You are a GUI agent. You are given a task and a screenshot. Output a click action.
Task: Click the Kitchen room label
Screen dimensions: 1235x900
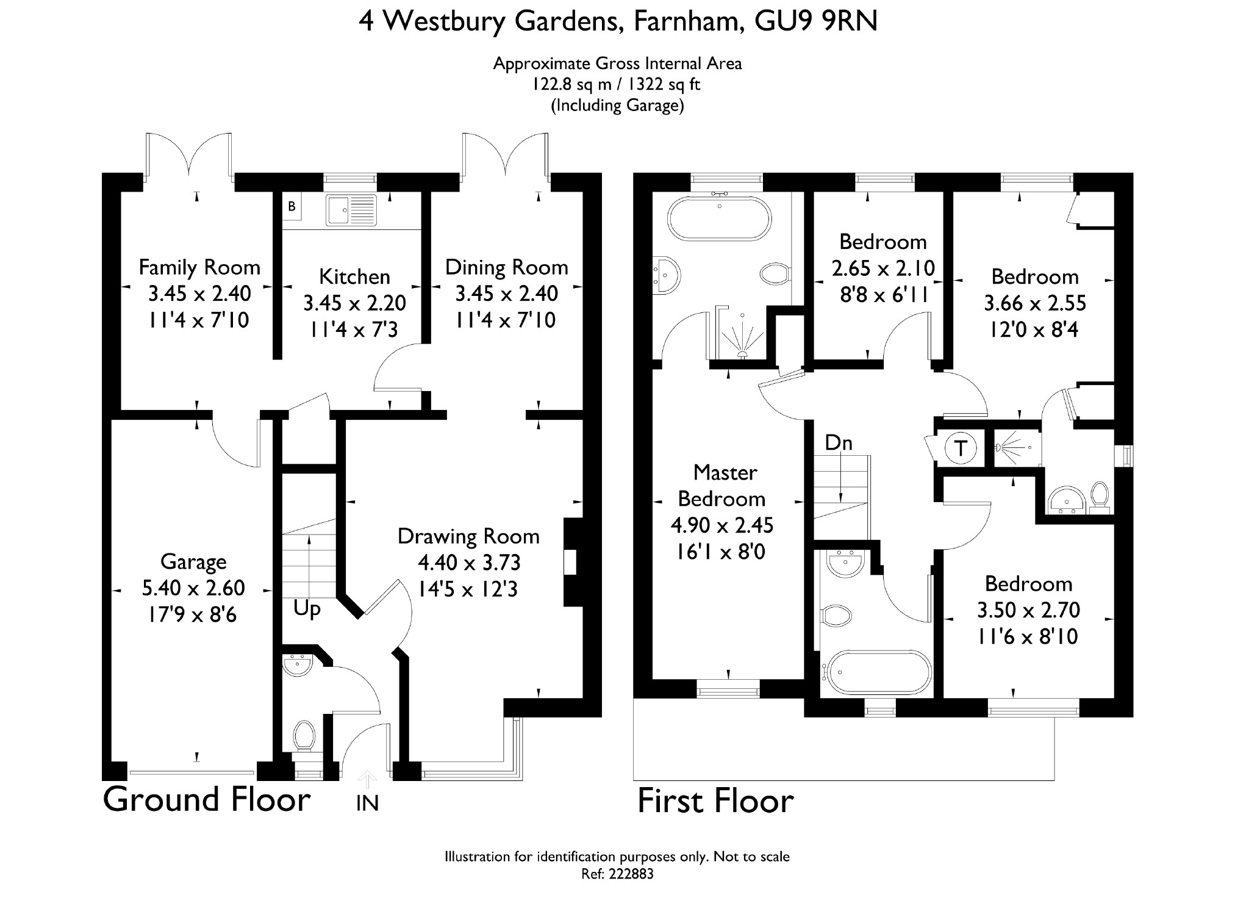[354, 277]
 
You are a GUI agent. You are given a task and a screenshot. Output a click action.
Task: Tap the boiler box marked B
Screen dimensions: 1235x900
[292, 206]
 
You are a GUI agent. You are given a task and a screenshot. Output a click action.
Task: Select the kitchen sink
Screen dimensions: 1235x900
[351, 209]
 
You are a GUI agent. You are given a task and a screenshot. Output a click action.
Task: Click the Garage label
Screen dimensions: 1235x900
[193, 562]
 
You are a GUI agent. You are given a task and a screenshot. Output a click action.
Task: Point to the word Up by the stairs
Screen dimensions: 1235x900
[307, 610]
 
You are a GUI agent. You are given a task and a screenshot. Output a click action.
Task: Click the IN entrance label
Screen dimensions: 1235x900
[367, 804]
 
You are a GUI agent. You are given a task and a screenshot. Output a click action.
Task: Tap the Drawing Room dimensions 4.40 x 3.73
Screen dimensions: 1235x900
[468, 563]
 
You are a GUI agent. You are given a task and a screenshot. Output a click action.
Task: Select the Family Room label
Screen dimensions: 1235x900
[199, 267]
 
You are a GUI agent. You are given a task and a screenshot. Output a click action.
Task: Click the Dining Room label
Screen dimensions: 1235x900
[506, 267]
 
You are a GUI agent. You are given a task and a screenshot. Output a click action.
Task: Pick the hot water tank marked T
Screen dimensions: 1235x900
[961, 448]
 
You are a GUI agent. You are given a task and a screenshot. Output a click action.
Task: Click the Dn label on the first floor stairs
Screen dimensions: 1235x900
[839, 442]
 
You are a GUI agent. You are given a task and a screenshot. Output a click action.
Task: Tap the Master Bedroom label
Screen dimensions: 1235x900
[722, 486]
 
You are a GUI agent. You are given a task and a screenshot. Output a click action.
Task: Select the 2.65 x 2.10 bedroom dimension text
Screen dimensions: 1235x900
[883, 268]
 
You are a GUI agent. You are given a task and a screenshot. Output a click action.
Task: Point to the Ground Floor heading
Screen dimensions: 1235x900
[207, 799]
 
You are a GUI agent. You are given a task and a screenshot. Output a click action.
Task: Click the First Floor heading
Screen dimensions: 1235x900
[715, 801]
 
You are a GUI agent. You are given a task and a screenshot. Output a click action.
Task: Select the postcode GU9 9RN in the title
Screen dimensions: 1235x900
[816, 21]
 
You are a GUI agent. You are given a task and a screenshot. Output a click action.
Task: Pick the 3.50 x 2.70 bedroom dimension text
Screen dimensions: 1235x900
[1028, 610]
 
